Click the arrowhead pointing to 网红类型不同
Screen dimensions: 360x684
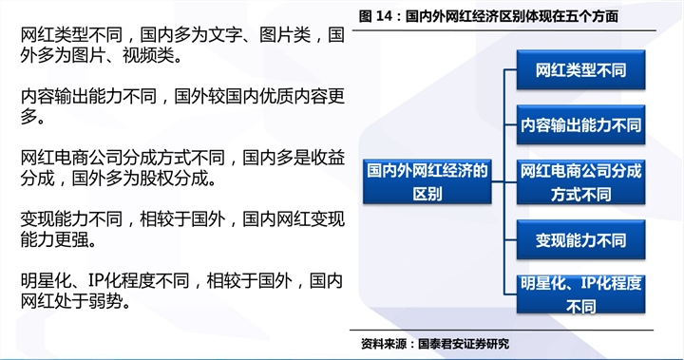511,69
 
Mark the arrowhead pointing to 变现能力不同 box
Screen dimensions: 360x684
511,239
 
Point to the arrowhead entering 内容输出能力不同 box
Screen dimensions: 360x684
511,124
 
